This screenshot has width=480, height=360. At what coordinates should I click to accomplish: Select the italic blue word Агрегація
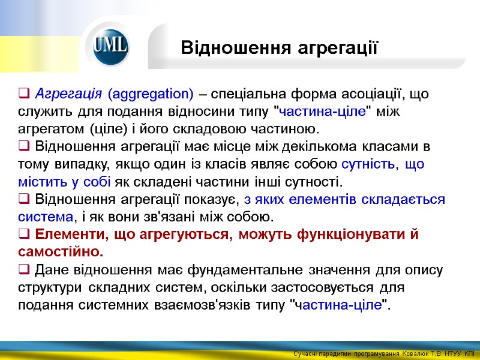69,94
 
